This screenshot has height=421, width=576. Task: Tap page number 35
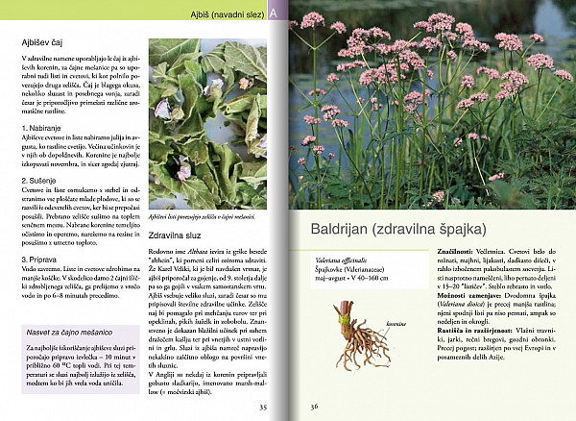click(263, 407)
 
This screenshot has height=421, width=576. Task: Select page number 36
click(313, 407)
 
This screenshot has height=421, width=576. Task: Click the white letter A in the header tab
click(275, 13)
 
